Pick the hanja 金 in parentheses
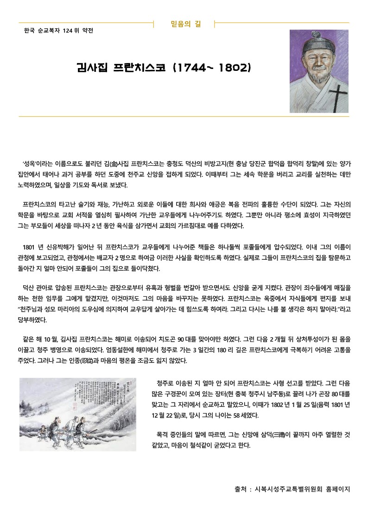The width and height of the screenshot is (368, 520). [x=114, y=163]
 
